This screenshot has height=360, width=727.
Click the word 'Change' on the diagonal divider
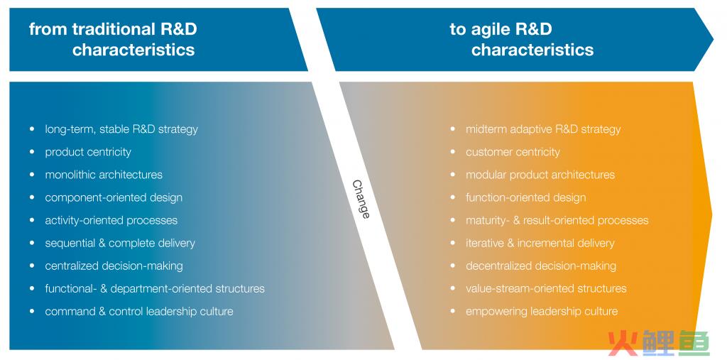[x=361, y=199]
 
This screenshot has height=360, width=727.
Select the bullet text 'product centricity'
[x=88, y=152]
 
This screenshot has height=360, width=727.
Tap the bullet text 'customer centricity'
[x=513, y=152]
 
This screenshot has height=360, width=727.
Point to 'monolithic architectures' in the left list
[x=104, y=175]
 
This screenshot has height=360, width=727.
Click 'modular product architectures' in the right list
[x=540, y=175]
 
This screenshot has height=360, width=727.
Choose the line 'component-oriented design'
[x=114, y=197]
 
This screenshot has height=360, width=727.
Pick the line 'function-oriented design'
[x=526, y=197]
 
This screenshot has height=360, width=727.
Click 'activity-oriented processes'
[x=111, y=220]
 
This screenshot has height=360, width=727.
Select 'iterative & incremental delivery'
[x=540, y=243]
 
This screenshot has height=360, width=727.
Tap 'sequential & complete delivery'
[x=120, y=243]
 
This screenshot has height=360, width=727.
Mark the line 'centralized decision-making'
[x=114, y=266]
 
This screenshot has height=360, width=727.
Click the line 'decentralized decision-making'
[x=541, y=266]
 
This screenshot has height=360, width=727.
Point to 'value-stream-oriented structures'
[x=546, y=288]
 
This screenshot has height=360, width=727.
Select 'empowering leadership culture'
[x=542, y=311]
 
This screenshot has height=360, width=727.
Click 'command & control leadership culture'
[x=139, y=311]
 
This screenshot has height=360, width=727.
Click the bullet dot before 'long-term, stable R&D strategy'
[x=31, y=129]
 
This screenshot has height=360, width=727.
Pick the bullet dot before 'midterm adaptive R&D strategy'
[x=452, y=129]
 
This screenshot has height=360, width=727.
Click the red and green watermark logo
[x=660, y=343]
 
